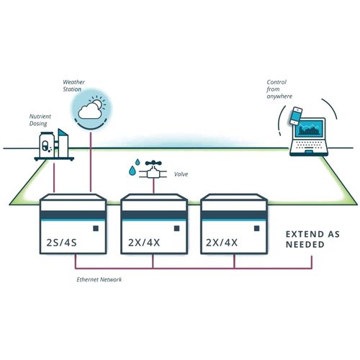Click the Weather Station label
tap(73, 86)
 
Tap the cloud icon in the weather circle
tap(89, 112)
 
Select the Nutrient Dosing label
tap(40, 120)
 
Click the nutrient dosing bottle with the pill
tap(47, 145)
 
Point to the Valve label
tap(181, 174)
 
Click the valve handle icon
tap(153, 163)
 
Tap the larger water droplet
tap(132, 171)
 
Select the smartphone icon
tap(296, 116)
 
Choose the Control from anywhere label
tap(279, 89)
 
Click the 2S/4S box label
tap(61, 243)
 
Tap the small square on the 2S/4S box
tap(96, 228)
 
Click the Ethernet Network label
tap(99, 279)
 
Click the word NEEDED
tap(305, 245)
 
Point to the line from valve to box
tap(153, 186)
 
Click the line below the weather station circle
tap(91, 162)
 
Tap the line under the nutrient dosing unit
tap(54, 178)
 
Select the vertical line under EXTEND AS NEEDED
tap(312, 262)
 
